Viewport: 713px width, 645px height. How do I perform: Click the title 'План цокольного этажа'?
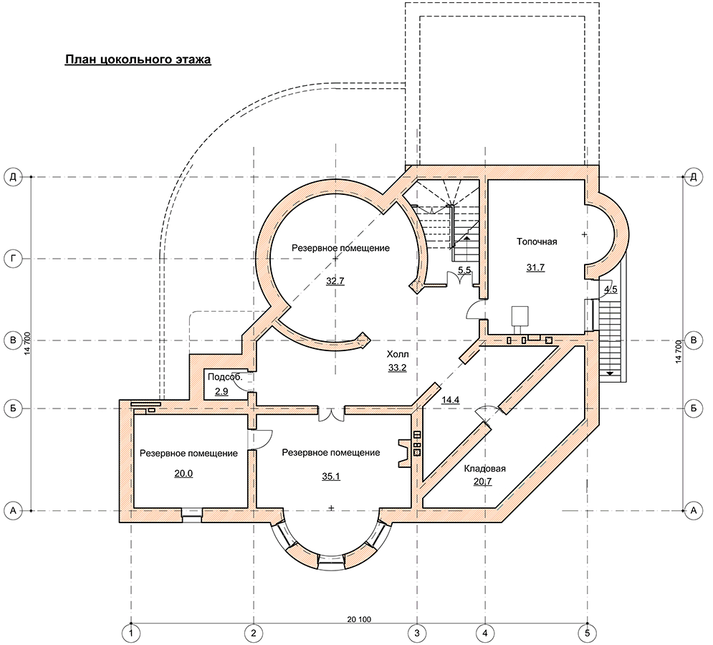pyautogui.click(x=138, y=59)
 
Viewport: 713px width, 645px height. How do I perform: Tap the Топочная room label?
pyautogui.click(x=537, y=242)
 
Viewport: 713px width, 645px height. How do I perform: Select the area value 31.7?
pyautogui.click(x=536, y=267)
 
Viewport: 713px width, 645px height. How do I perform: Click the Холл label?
pyautogui.click(x=398, y=354)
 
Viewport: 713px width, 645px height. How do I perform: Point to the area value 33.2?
pyautogui.click(x=398, y=368)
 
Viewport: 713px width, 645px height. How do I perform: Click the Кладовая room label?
pyautogui.click(x=484, y=469)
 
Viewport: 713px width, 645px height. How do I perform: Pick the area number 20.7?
pyautogui.click(x=483, y=482)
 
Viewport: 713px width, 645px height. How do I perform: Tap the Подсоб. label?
pyautogui.click(x=225, y=377)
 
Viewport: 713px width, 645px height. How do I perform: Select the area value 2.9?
pyautogui.click(x=222, y=391)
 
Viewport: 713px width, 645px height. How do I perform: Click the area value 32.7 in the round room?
pyautogui.click(x=335, y=281)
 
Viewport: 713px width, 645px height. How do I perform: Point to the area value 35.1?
pyautogui.click(x=331, y=477)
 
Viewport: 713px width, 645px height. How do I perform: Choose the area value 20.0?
pyautogui.click(x=183, y=474)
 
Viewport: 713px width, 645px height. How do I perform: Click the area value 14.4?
pyautogui.click(x=451, y=401)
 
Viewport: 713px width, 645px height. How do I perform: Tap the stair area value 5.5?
pyautogui.click(x=464, y=270)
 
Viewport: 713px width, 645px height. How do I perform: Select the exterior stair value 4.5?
pyautogui.click(x=611, y=290)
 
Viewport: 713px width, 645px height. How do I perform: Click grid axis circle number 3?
pyautogui.click(x=417, y=633)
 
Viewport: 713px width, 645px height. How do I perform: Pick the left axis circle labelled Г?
pyautogui.click(x=13, y=259)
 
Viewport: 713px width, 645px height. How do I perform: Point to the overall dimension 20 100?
pyautogui.click(x=359, y=619)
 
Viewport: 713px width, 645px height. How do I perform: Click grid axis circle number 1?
pyautogui.click(x=131, y=633)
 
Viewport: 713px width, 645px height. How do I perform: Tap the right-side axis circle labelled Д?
pyautogui.click(x=694, y=177)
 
